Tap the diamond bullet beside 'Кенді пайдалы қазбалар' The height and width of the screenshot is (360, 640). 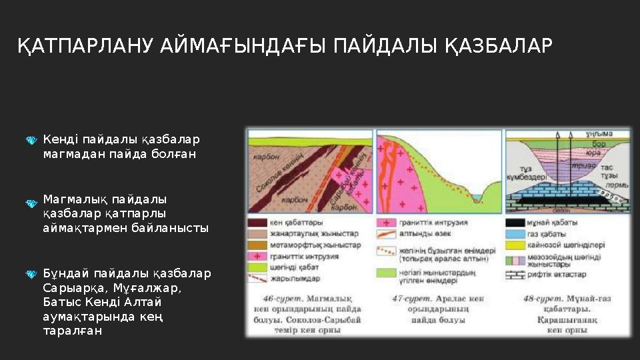[31, 141]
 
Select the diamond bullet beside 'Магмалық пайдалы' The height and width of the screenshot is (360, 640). [31, 202]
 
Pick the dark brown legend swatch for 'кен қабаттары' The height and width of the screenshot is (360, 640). [257, 222]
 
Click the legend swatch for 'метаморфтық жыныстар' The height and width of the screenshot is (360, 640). [257, 245]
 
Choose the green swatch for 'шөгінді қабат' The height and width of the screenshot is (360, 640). [257, 267]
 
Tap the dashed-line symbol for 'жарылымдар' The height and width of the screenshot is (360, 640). [257, 279]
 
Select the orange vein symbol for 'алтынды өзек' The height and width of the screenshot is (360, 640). [385, 234]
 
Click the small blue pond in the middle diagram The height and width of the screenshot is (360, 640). [478, 198]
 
